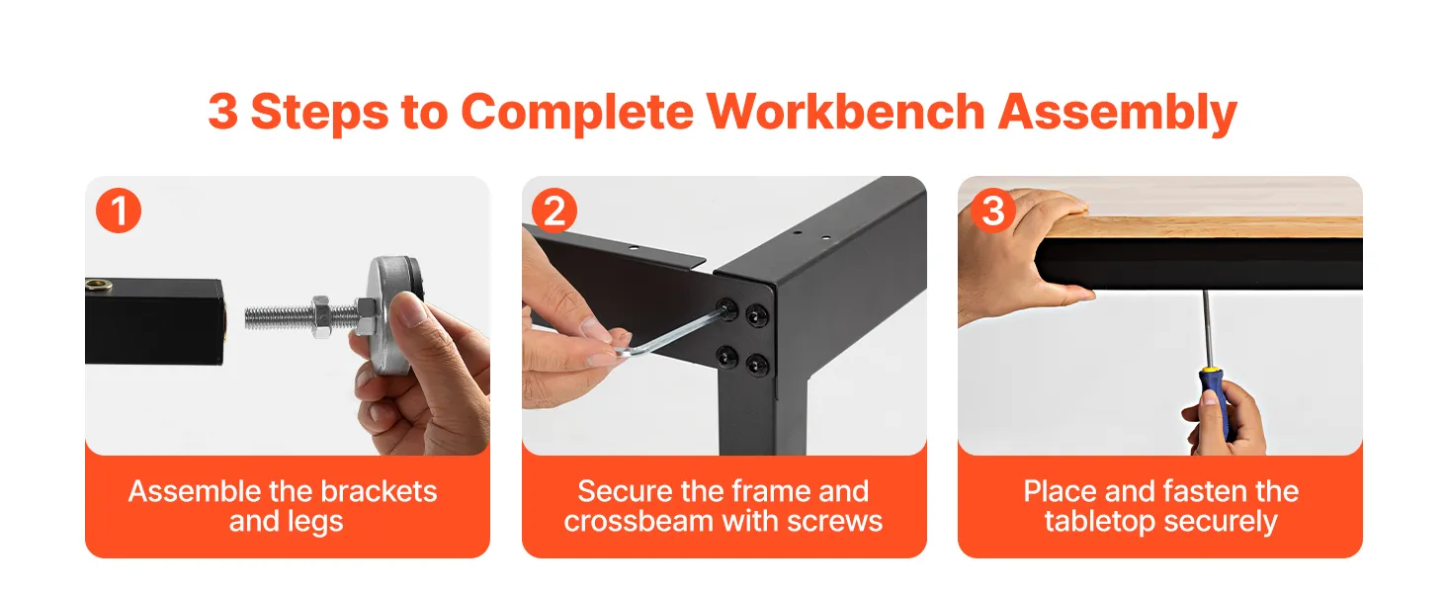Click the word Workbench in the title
pos(845,112)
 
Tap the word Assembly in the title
pos(1118,114)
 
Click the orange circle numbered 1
pos(119,211)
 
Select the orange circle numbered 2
pos(554,211)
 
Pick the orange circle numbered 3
pos(993,211)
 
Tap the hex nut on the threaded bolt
pos(321,316)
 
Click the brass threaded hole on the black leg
pos(99,284)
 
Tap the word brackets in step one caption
pos(379,491)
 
